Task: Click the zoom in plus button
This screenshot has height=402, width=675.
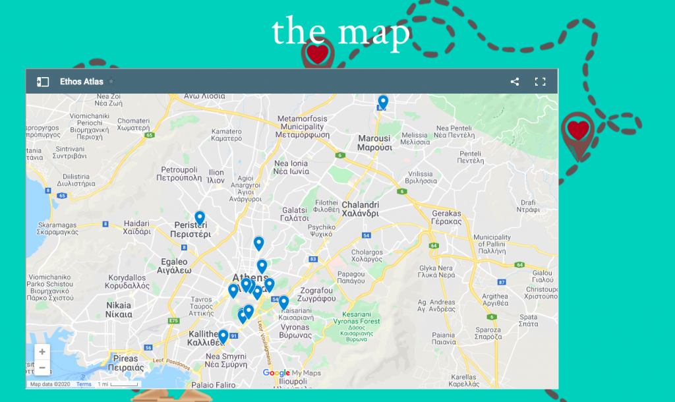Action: tap(42, 352)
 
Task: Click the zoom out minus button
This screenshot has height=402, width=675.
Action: tap(42, 367)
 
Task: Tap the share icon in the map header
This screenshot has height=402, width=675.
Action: tap(515, 82)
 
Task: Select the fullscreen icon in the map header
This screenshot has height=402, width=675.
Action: tap(540, 82)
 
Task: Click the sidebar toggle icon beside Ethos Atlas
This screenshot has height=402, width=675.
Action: tap(42, 82)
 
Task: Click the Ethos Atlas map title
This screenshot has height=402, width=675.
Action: tap(82, 82)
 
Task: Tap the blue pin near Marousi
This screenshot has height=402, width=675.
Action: tap(383, 102)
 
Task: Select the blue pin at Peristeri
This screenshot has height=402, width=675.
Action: tap(200, 217)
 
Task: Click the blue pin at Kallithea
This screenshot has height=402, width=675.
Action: tap(223, 336)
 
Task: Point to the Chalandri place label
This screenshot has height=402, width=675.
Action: tap(360, 209)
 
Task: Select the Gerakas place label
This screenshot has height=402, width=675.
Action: tap(447, 217)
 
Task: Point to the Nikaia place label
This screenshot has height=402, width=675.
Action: tap(119, 310)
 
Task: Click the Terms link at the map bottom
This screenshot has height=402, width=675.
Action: tap(84, 384)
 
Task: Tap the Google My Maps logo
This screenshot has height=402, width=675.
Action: tap(291, 373)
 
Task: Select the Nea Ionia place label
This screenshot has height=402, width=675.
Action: tap(291, 167)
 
